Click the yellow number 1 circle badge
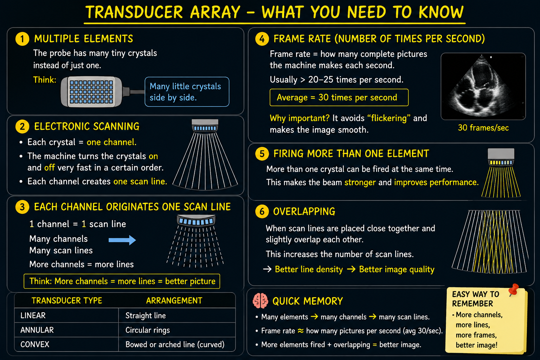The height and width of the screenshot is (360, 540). (22, 39)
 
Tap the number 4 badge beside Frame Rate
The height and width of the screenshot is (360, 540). (262, 39)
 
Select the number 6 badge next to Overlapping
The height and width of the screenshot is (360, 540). (262, 212)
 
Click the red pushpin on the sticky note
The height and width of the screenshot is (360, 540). (514, 290)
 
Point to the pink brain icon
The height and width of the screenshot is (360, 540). (261, 301)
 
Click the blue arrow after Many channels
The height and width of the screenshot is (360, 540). (122, 240)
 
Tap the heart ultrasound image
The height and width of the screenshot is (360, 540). (483, 86)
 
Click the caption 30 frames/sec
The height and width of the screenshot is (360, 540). (483, 128)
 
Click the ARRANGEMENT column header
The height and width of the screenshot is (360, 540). (174, 301)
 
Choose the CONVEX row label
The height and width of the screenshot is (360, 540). (35, 344)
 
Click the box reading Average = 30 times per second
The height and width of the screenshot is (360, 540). (339, 97)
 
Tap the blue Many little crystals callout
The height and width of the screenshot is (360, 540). (187, 92)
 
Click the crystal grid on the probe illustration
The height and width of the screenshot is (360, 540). (91, 92)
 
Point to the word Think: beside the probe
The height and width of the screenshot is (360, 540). (45, 80)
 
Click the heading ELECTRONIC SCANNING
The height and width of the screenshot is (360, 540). (87, 126)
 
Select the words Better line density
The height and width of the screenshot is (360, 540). (309, 269)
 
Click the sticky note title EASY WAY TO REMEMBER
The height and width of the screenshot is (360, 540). (475, 299)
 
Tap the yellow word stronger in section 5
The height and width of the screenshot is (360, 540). (360, 182)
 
